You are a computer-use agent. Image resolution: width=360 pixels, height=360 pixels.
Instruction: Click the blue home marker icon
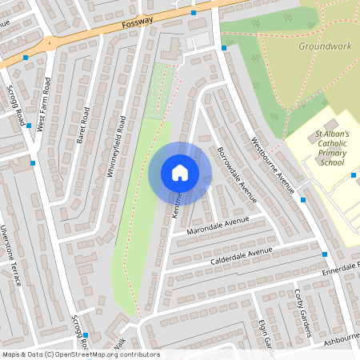click(180, 173)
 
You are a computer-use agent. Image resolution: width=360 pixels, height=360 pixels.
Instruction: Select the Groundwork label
click(325, 46)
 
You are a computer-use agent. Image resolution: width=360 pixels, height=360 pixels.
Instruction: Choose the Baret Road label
click(81, 126)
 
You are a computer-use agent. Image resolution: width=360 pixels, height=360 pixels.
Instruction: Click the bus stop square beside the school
click(353, 174)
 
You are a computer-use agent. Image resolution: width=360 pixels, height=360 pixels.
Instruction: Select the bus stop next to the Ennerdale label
click(325, 254)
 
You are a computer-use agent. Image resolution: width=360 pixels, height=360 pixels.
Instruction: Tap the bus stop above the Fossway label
click(194, 13)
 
